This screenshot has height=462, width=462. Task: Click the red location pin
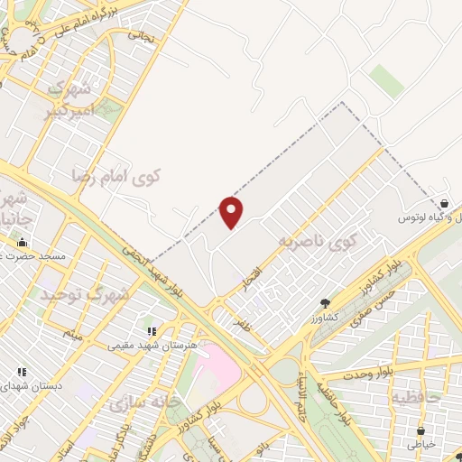click(x=232, y=212)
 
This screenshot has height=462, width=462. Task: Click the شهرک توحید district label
click(x=85, y=293)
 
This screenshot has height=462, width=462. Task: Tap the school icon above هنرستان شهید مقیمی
click(x=152, y=331)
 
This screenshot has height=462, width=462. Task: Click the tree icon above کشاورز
click(x=325, y=304)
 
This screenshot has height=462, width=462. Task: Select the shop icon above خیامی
click(x=420, y=430)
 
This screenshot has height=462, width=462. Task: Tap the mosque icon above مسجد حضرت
click(x=22, y=242)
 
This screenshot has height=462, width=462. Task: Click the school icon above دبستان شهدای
click(x=22, y=371)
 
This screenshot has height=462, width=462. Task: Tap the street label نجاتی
click(x=140, y=36)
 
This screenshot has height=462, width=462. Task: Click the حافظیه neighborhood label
click(x=415, y=395)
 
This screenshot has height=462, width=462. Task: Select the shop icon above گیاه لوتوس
click(x=446, y=205)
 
